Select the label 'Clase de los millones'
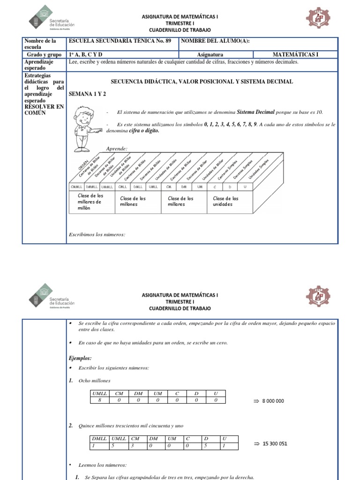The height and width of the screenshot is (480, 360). (x=133, y=202)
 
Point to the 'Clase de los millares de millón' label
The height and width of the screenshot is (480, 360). (x=90, y=202)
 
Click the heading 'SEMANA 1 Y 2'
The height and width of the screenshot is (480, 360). (x=88, y=94)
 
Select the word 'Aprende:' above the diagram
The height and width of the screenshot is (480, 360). (x=117, y=148)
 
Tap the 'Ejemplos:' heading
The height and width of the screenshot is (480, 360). (x=80, y=358)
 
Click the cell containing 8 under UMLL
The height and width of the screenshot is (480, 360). (x=99, y=400)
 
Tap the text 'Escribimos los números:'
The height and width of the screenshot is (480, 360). (x=97, y=233)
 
